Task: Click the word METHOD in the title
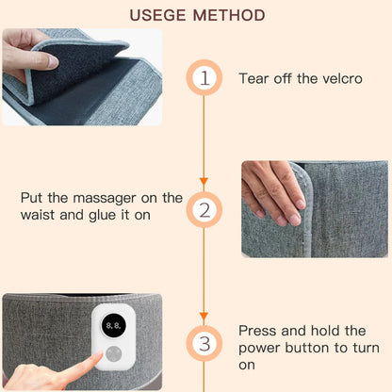coord(228,15)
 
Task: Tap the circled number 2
coord(204,209)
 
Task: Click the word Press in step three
coord(258,331)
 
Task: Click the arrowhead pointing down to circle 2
coord(204,181)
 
